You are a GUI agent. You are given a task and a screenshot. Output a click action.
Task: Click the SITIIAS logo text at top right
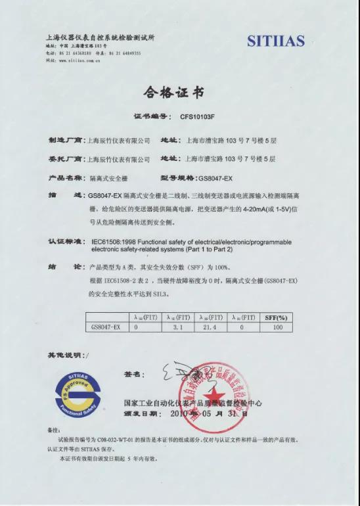[x=276, y=41]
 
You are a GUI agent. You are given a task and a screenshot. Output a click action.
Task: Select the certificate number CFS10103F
[x=197, y=117]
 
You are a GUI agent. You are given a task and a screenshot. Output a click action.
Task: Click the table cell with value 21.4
[x=210, y=326]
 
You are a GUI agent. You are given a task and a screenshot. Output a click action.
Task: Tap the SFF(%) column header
[x=277, y=317]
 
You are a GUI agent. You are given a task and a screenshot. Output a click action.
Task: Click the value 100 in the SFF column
[x=277, y=326]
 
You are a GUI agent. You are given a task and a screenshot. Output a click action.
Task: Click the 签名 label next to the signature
[x=133, y=374]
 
